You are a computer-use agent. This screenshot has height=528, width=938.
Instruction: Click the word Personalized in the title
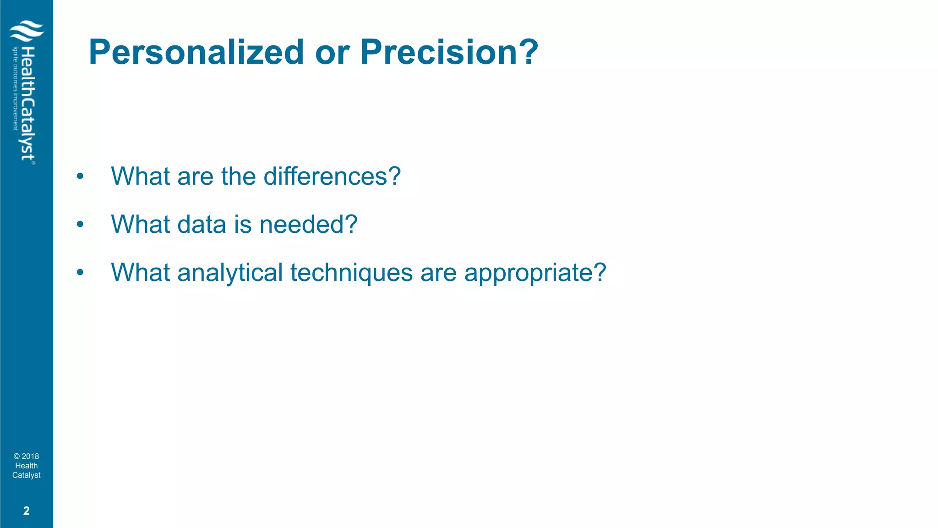(x=196, y=52)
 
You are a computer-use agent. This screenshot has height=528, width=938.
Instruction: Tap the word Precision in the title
(x=439, y=52)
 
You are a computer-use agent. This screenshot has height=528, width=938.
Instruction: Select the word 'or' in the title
(x=332, y=52)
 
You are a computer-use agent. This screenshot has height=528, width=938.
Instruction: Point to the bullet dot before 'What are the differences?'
(x=80, y=176)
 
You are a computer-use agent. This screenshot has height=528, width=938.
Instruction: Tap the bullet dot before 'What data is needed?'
(x=80, y=225)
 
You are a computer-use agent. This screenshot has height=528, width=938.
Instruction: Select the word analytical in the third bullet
(x=230, y=272)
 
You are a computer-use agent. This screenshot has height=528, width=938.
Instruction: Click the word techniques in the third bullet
(x=351, y=272)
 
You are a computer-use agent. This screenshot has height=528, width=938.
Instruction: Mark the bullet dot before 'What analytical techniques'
(x=80, y=273)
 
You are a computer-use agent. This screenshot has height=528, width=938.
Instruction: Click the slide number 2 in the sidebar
(x=26, y=511)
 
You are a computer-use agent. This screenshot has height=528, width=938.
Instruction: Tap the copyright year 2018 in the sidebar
(x=30, y=456)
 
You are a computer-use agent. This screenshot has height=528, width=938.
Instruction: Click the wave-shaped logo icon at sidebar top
(x=27, y=31)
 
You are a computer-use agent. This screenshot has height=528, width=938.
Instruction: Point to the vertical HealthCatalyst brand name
(x=27, y=104)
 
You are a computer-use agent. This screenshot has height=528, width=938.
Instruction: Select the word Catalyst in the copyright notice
(x=26, y=475)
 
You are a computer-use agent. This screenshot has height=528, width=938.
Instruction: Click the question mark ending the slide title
(x=529, y=52)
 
